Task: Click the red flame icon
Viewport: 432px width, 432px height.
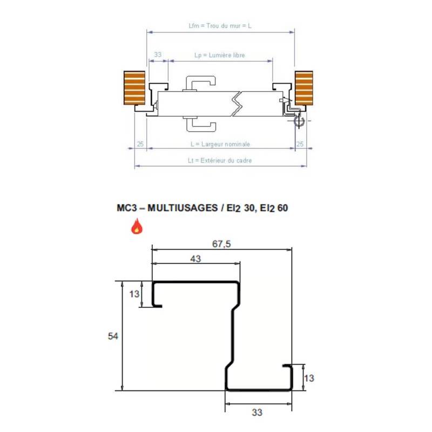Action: pyautogui.click(x=137, y=226)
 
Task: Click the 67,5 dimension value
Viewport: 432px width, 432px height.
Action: pyautogui.click(x=221, y=244)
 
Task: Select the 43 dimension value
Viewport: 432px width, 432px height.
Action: pyautogui.click(x=195, y=259)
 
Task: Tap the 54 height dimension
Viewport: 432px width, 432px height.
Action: pyautogui.click(x=113, y=335)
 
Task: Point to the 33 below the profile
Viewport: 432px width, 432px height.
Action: pyautogui.click(x=257, y=413)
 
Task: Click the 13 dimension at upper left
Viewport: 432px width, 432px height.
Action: pyautogui.click(x=134, y=294)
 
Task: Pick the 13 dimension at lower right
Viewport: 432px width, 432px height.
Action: pyautogui.click(x=308, y=378)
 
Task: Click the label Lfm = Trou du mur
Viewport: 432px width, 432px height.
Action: pyautogui.click(x=220, y=25)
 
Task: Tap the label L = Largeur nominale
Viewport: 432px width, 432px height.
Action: pyautogui.click(x=220, y=144)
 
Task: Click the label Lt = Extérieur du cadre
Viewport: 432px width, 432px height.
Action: pyautogui.click(x=220, y=160)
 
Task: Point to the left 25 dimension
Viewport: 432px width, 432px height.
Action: pyautogui.click(x=140, y=144)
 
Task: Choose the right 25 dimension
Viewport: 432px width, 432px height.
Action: pyautogui.click(x=301, y=144)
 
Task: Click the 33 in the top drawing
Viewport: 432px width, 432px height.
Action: pyautogui.click(x=158, y=55)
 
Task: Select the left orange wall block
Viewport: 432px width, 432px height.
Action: pyautogui.click(x=134, y=88)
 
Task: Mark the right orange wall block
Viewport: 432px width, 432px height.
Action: pyautogui.click(x=303, y=88)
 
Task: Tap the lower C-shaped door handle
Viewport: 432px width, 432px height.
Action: pyautogui.click(x=201, y=124)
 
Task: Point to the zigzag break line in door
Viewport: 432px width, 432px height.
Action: pyautogui.click(x=236, y=103)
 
